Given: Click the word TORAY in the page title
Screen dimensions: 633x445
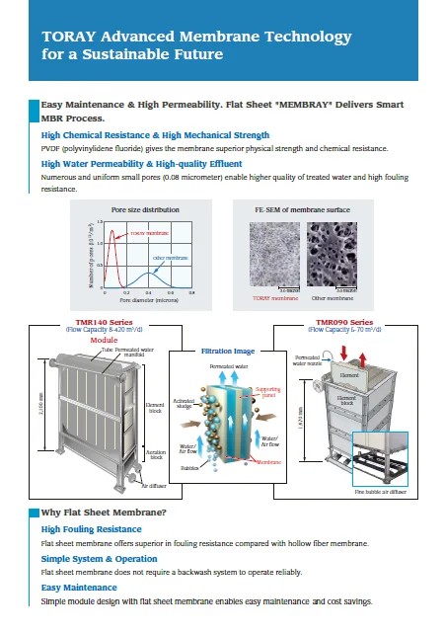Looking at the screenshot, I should coord(67,37).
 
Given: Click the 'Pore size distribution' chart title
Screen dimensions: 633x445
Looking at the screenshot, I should coord(146,210).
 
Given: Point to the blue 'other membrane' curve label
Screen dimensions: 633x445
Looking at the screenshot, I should coord(169,258).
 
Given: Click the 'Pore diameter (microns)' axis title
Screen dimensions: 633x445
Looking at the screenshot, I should coord(145,300).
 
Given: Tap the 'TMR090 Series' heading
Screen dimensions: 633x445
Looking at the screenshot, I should coord(344,322).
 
